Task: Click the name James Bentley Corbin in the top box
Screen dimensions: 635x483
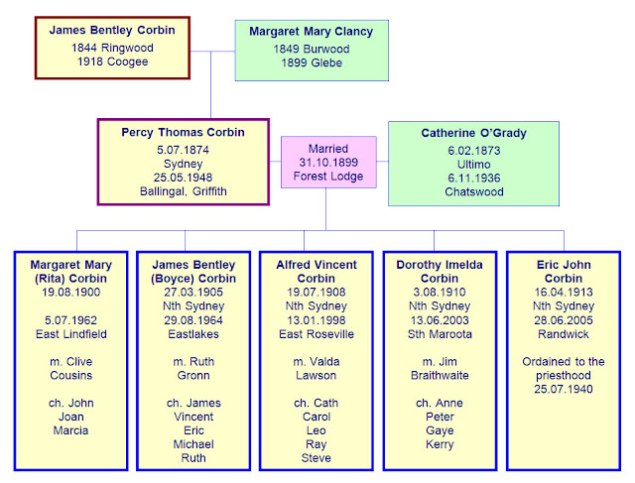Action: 112,30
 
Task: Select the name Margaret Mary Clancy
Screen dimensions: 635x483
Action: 311,31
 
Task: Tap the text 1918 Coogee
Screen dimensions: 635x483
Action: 112,61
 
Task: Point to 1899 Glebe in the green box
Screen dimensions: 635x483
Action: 312,62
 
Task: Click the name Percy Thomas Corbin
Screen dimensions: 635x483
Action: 183,132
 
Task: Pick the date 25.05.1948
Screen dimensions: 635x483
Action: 183,178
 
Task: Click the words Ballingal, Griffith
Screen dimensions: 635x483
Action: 183,191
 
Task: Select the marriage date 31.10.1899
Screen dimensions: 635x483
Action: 328,163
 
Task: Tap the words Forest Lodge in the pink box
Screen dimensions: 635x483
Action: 328,177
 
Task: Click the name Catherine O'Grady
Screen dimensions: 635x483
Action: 474,133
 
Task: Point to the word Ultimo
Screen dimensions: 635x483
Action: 474,165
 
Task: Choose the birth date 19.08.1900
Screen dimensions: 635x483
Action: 70,292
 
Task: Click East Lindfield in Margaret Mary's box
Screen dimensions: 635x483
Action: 71,334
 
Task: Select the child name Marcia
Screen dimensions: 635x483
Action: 70,430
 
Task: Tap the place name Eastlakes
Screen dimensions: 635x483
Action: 193,334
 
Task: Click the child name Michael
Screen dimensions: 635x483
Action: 193,444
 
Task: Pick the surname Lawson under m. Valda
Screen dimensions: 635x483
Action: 316,375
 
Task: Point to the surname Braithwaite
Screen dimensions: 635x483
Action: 440,375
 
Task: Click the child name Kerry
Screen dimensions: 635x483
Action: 440,444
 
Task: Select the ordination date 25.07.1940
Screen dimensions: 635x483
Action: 564,389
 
